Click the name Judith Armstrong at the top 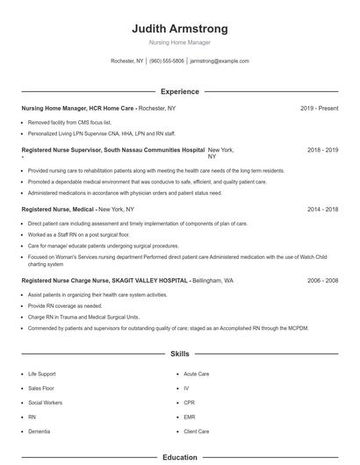(x=179, y=27)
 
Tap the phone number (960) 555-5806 (x=167, y=61)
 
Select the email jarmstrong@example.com (x=220, y=61)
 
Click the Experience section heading (x=179, y=91)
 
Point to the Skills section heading (x=179, y=354)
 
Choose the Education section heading (x=179, y=457)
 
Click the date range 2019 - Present (x=319, y=108)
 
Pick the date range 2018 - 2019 (x=322, y=150)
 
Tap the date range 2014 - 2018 (x=322, y=210)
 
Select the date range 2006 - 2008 (x=322, y=281)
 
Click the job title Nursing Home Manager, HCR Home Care (x=78, y=108)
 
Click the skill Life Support (x=41, y=374)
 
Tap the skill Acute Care (x=196, y=374)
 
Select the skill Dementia (x=38, y=432)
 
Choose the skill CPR (x=189, y=403)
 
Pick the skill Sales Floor (x=40, y=388)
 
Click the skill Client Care (x=197, y=432)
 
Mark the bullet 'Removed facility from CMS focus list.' (x=69, y=123)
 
